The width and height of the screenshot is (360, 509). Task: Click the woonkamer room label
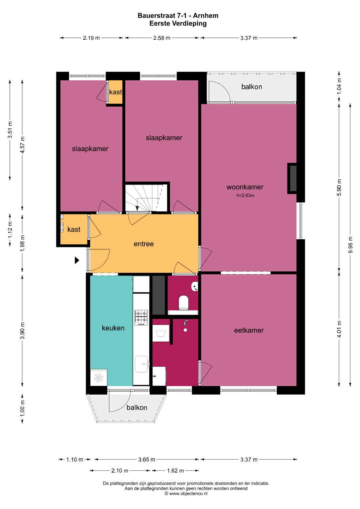point(245,187)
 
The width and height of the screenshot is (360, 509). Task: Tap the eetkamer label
point(249,330)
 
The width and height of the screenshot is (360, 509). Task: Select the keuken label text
point(113,328)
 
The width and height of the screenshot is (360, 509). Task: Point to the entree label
point(144,244)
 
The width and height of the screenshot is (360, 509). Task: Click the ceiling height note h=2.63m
point(245,195)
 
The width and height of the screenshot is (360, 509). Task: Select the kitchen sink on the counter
point(141,364)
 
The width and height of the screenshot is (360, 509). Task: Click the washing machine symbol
point(161,333)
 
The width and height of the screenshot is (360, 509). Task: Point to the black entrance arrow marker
point(77,260)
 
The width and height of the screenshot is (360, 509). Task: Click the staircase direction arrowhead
point(137,208)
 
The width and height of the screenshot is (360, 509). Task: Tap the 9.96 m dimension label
point(350,245)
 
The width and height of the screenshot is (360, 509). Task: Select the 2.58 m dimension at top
point(162,38)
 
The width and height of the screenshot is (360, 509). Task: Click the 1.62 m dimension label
point(175,471)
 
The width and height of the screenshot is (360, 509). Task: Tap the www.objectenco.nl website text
point(188,493)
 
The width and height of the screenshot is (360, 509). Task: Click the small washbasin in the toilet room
point(195,286)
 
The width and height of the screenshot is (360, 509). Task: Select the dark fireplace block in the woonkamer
point(293,178)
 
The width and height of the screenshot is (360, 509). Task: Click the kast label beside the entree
point(74,229)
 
